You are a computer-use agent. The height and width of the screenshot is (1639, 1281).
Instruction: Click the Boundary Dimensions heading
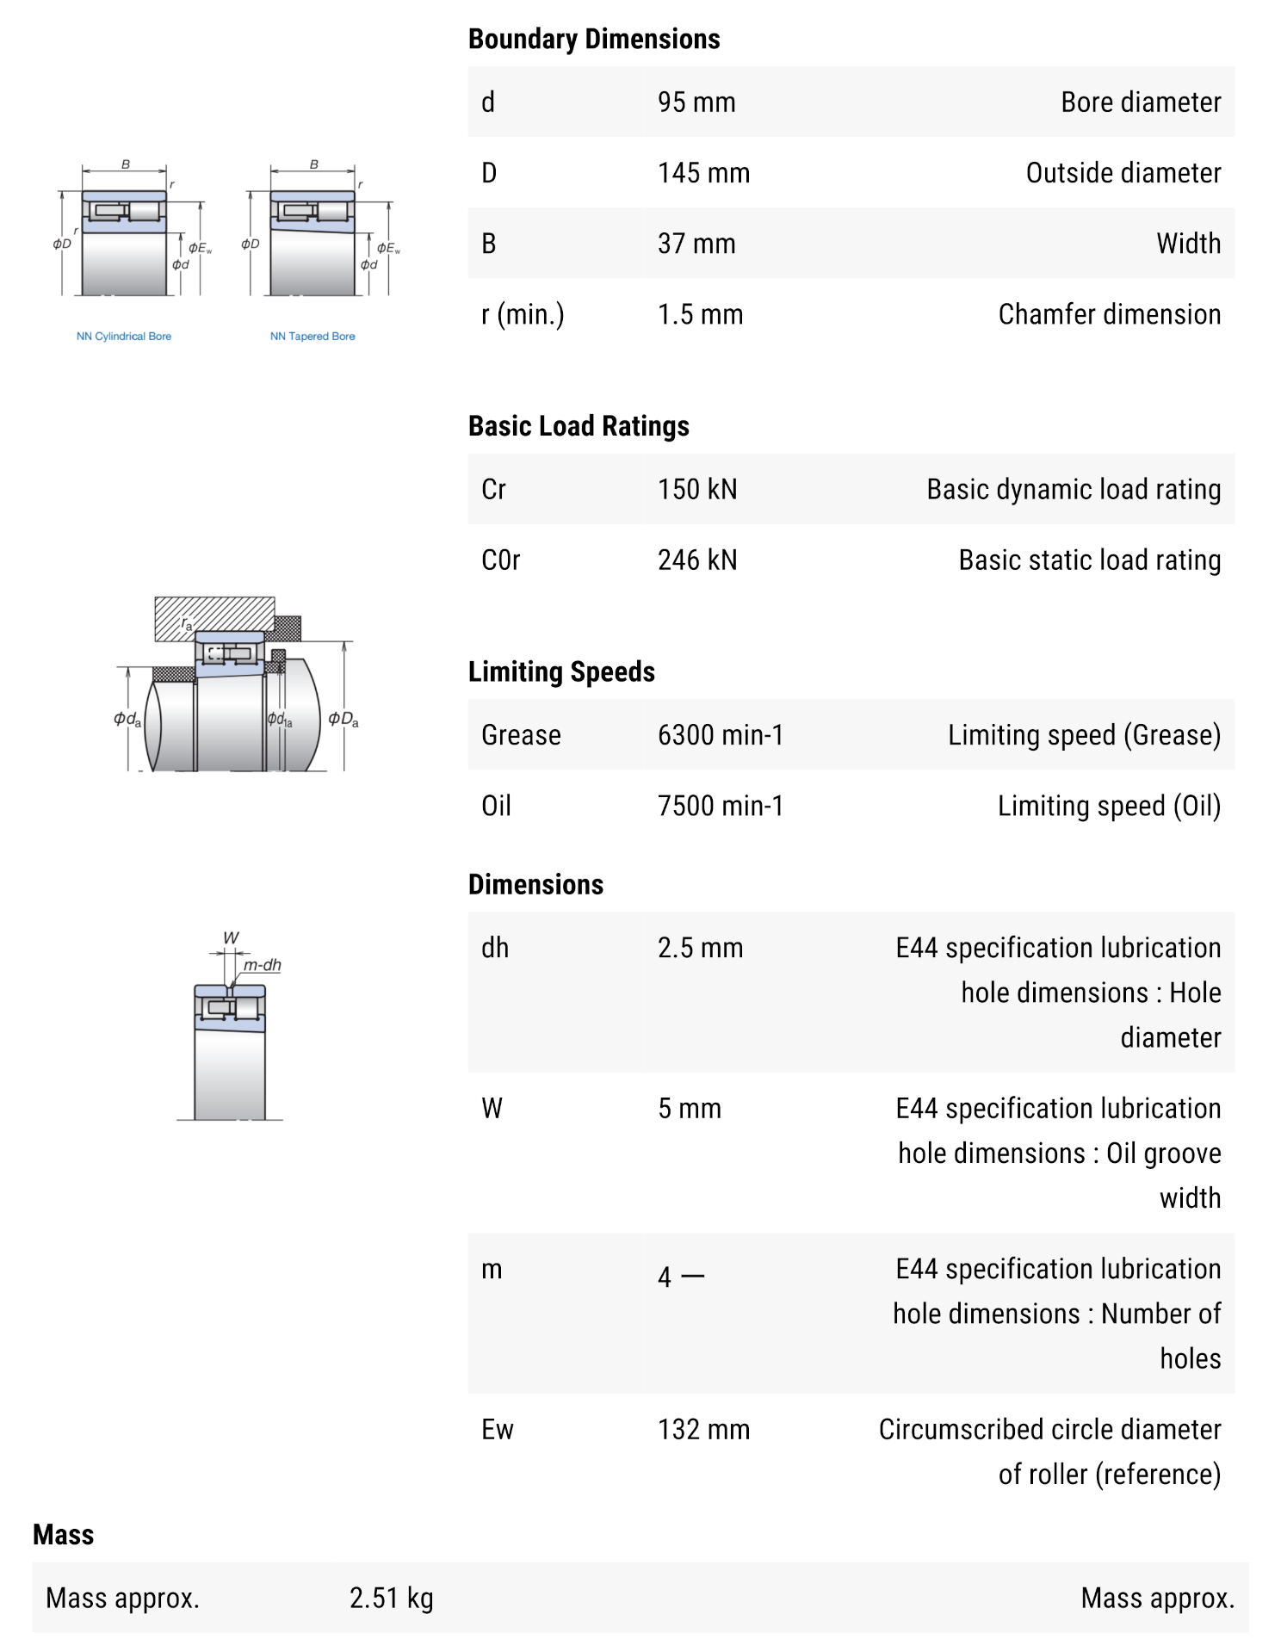(x=593, y=40)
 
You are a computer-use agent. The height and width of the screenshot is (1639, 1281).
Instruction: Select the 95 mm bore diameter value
(x=696, y=102)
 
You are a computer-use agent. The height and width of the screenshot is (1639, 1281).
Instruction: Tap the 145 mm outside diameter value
(x=702, y=173)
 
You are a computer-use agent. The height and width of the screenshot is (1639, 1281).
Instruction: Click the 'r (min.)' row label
(x=522, y=315)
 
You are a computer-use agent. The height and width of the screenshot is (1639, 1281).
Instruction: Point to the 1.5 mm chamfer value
(x=699, y=315)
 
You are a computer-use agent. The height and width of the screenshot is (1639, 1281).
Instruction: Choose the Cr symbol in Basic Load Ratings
(x=493, y=490)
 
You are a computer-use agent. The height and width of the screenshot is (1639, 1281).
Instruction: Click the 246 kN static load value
(x=696, y=560)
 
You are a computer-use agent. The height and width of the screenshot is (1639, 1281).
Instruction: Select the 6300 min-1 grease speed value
(x=720, y=735)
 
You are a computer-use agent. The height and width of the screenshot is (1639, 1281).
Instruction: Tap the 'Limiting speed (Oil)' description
(x=1108, y=807)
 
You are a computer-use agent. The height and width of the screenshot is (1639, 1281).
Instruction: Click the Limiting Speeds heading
(x=561, y=671)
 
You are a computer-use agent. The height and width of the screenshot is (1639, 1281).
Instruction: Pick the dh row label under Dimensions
(x=495, y=949)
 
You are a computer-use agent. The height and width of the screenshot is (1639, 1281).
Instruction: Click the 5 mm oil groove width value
(x=689, y=1109)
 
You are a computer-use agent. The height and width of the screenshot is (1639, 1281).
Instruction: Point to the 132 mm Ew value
(x=702, y=1430)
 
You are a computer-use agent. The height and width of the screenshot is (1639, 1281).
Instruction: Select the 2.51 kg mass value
(x=391, y=1599)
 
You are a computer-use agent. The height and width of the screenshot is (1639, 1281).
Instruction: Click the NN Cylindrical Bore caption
(x=124, y=337)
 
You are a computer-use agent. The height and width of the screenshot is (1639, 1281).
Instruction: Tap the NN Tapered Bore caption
(x=313, y=337)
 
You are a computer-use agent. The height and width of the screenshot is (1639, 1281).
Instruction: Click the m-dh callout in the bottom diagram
(x=262, y=965)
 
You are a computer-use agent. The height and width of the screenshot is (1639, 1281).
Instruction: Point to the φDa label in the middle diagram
(x=343, y=720)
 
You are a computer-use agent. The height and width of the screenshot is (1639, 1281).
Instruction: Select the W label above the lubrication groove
(x=231, y=937)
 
